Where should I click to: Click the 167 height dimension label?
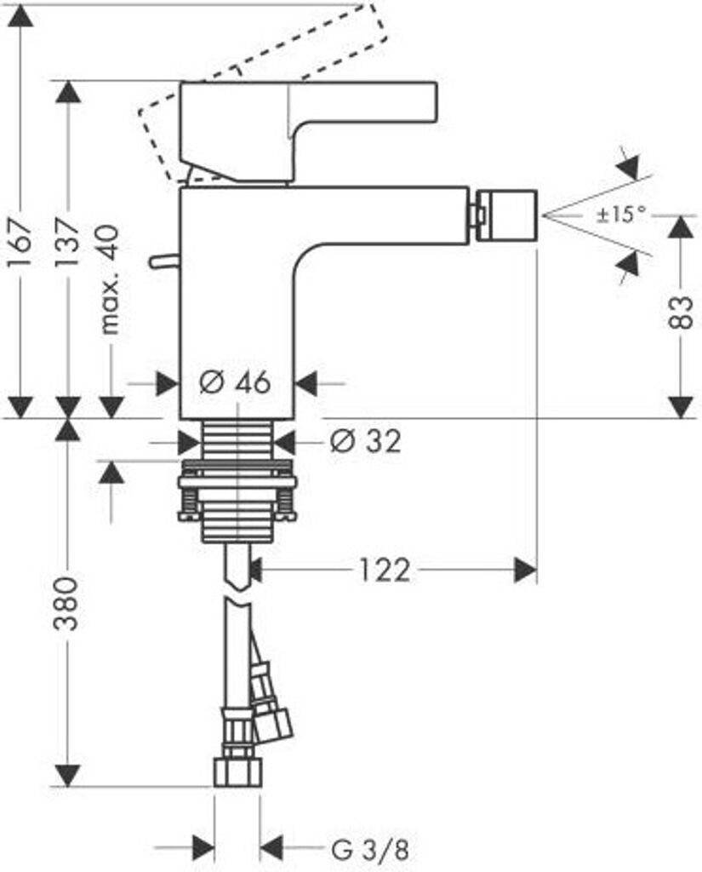click(20, 243)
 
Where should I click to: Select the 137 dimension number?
click(67, 243)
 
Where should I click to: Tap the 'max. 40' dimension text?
click(109, 279)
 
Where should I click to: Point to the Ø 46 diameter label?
click(235, 382)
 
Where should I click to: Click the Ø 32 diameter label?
click(365, 442)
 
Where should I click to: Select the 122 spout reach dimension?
click(385, 570)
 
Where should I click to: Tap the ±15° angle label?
click(622, 214)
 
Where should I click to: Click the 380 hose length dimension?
click(66, 604)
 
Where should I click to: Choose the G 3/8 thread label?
click(370, 850)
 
